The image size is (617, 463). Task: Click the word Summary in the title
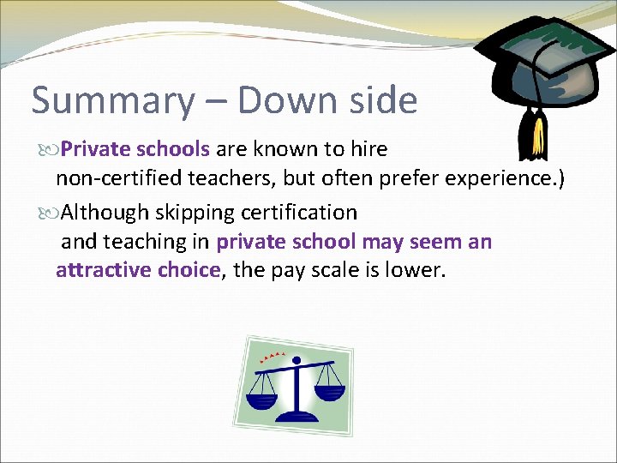pyautogui.click(x=112, y=101)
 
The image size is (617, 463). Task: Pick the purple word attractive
pyautogui.click(x=102, y=271)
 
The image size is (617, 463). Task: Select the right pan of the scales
pyautogui.click(x=329, y=393)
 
